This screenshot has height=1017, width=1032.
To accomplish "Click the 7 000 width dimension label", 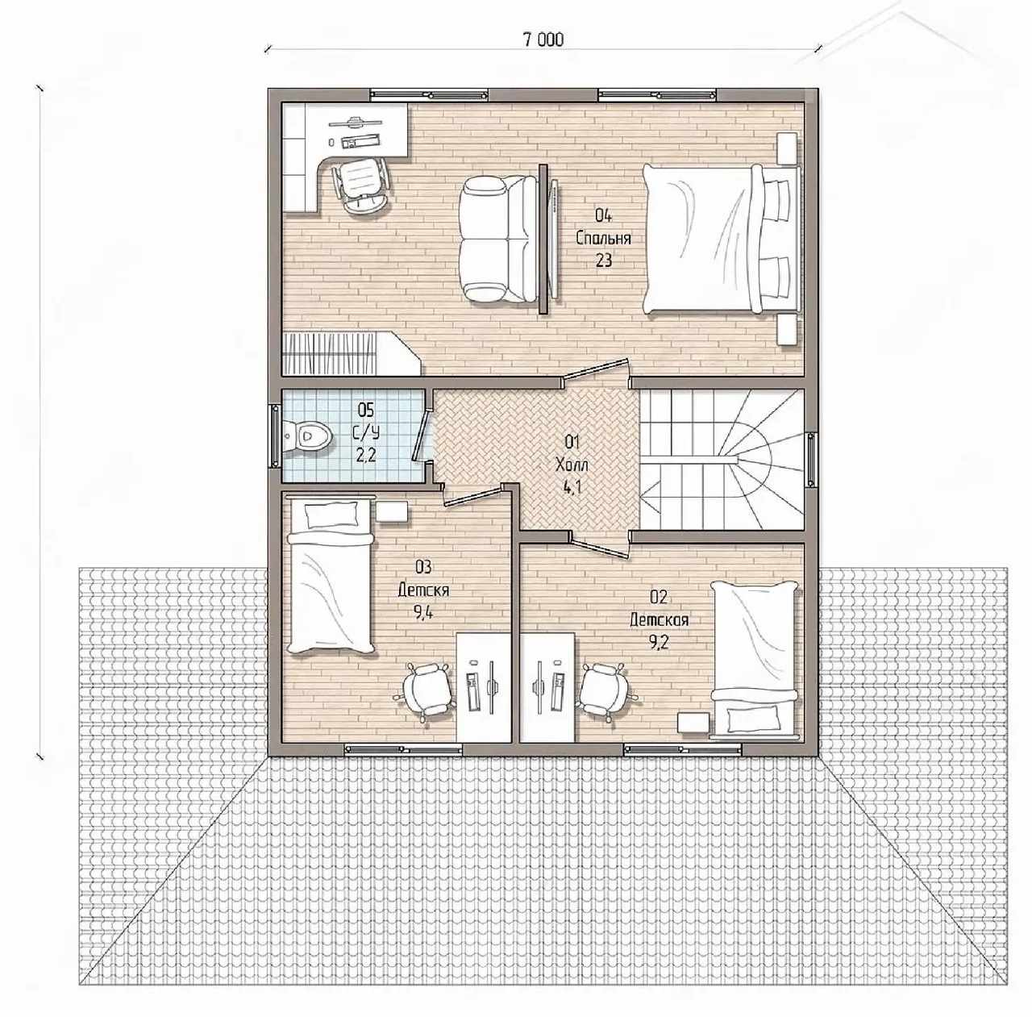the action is click(x=543, y=40).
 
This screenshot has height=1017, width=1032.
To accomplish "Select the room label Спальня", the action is click(x=604, y=238).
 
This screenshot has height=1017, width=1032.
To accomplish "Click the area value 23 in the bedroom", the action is click(x=604, y=261).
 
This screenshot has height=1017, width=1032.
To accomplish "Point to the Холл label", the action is click(x=572, y=465).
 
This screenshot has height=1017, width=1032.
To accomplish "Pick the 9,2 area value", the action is click(x=659, y=643).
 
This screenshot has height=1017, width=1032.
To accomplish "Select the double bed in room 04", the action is click(x=722, y=239).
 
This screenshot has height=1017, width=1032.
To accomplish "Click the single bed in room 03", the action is click(x=331, y=576).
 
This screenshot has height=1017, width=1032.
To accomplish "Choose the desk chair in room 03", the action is click(x=426, y=694).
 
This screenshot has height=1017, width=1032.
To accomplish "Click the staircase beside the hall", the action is click(x=722, y=459).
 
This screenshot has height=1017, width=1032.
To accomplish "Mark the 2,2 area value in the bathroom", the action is click(x=366, y=455).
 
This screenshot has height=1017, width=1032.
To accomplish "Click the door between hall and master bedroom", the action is click(x=595, y=371).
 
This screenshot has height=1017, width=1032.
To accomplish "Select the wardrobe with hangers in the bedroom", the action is click(x=351, y=353).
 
